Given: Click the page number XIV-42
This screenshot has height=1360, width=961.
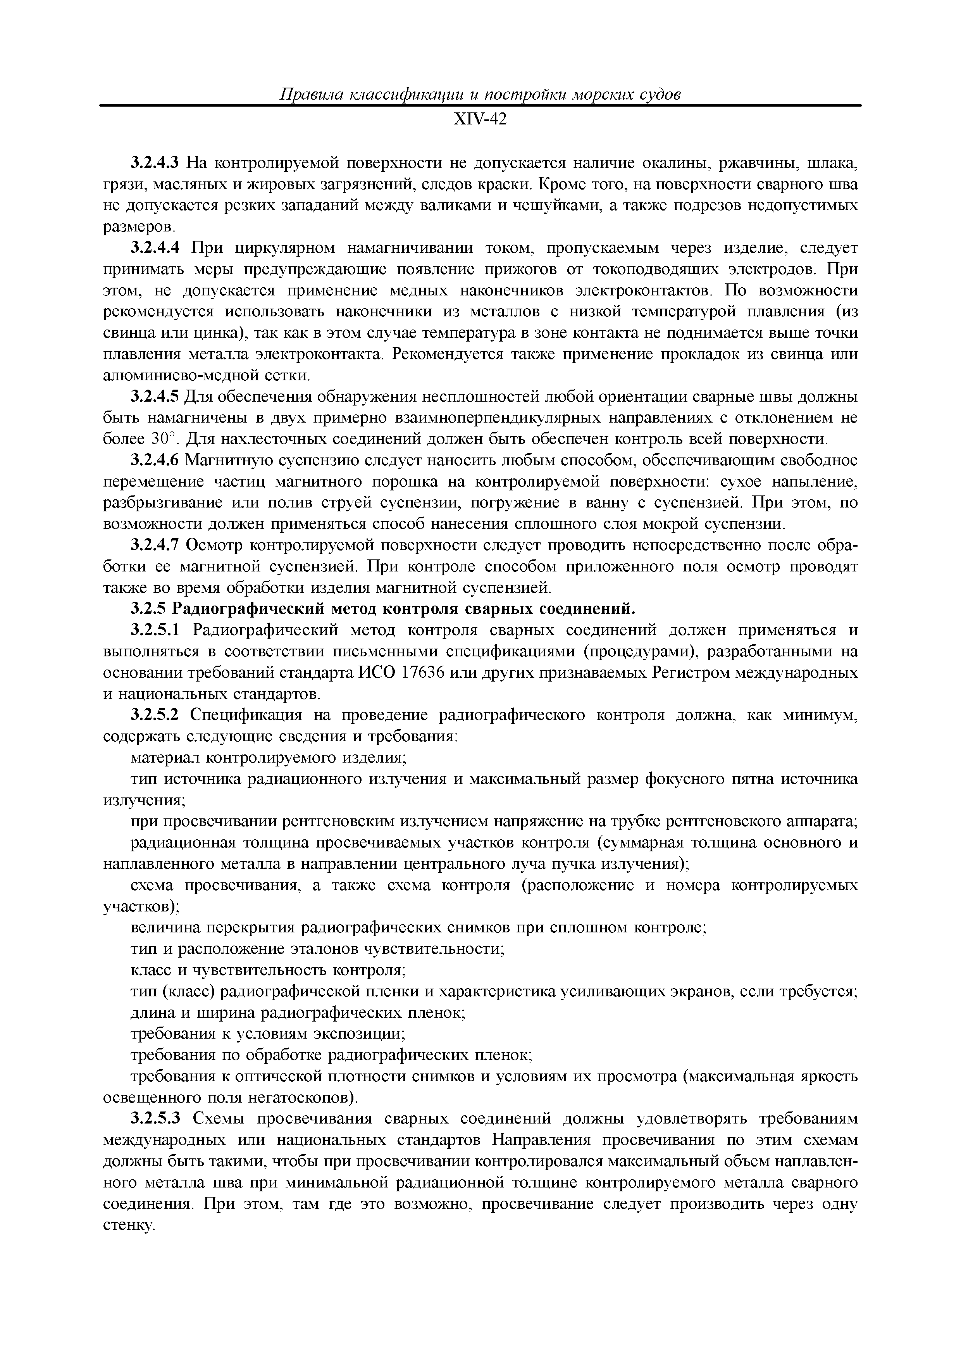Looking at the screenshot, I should click(x=480, y=120).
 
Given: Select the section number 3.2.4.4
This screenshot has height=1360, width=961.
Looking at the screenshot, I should click(x=155, y=248).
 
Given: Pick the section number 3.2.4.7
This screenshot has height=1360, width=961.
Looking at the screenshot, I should click(x=155, y=545).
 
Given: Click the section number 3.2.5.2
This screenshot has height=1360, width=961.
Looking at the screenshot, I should click(x=155, y=716).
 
